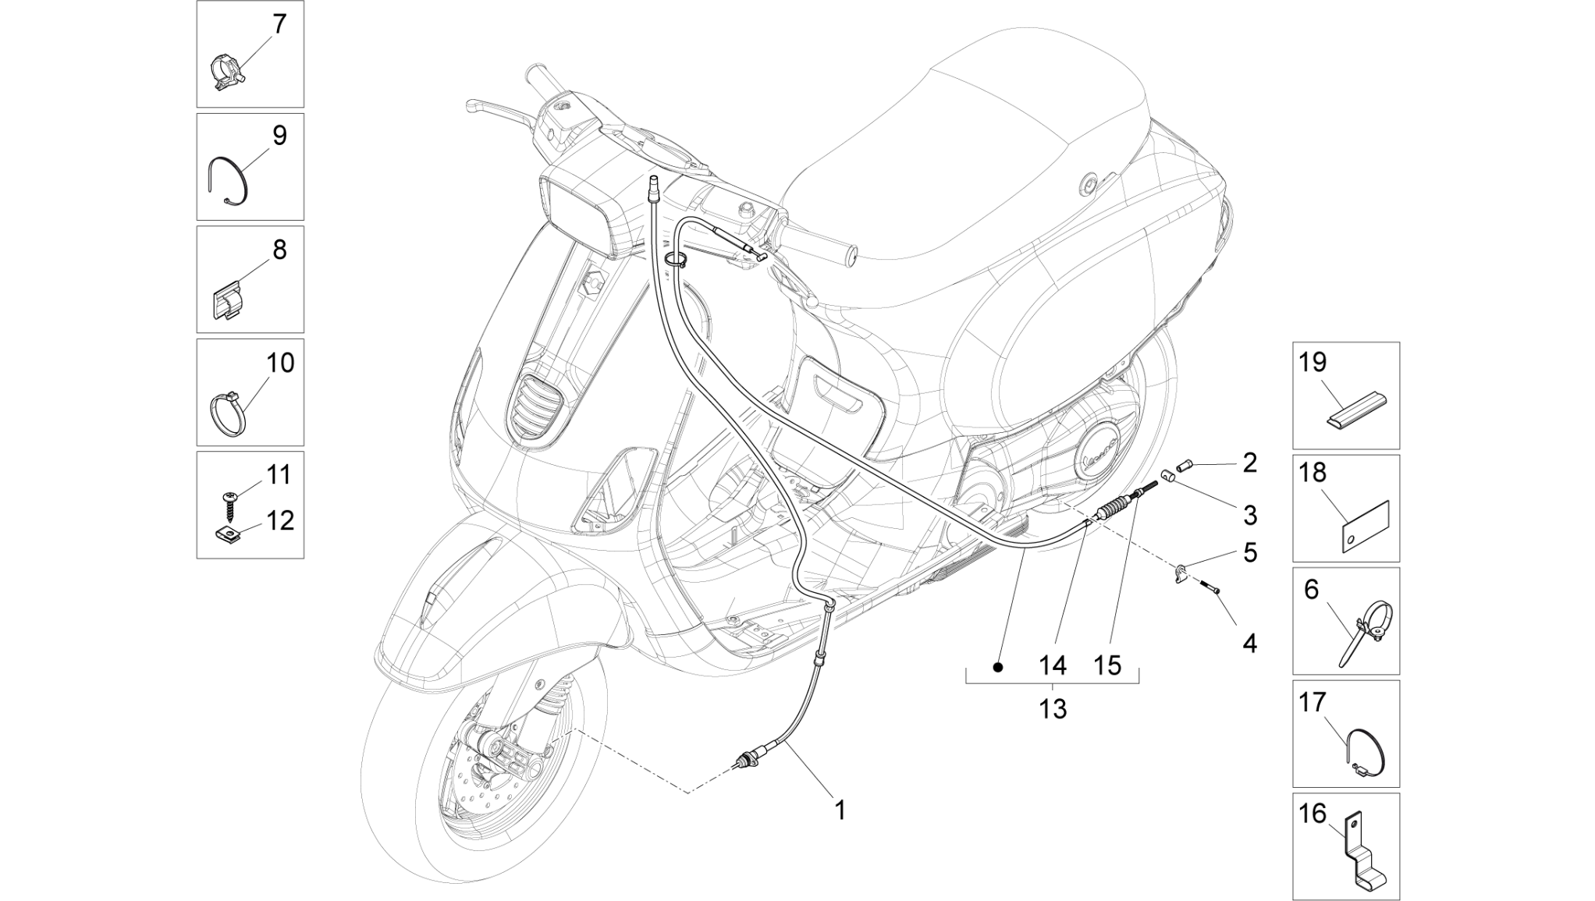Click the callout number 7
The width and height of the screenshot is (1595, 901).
point(279,24)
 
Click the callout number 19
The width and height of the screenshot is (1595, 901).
point(1313,362)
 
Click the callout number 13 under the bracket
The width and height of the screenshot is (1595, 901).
point(1052,709)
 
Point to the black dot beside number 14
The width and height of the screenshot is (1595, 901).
point(997,668)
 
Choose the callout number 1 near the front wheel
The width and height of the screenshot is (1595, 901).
point(840,811)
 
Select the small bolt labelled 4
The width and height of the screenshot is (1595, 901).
point(1209,590)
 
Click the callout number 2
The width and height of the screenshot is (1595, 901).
point(1249,463)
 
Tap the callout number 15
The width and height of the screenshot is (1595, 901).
point(1107,665)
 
